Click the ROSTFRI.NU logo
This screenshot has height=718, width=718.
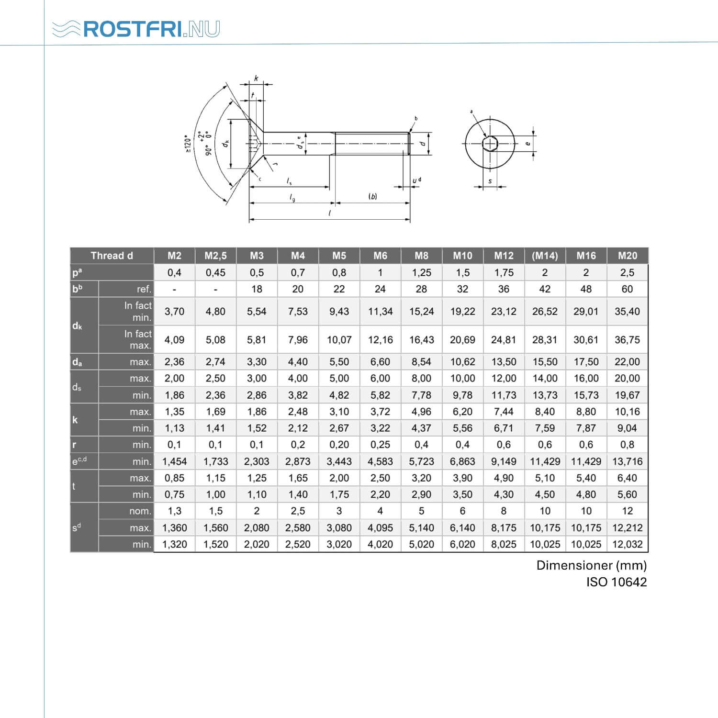click(x=136, y=29)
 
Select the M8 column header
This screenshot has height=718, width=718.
click(x=421, y=256)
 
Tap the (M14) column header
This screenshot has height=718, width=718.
click(x=545, y=256)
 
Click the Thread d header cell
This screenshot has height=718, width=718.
click(x=112, y=256)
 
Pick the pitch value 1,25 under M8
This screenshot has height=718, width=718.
click(x=421, y=273)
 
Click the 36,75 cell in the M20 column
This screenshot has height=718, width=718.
click(x=627, y=340)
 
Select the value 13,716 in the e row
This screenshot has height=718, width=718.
click(x=627, y=461)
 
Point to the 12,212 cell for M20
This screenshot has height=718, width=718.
click(x=627, y=528)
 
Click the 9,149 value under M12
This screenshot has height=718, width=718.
click(x=504, y=461)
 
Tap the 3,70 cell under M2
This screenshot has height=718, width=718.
click(x=174, y=312)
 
